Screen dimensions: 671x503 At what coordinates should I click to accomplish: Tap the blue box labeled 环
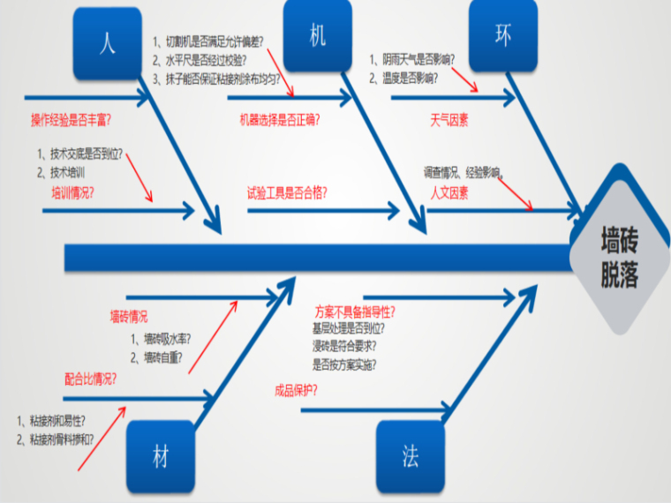502,35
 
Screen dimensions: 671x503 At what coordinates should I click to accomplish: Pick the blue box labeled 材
160,456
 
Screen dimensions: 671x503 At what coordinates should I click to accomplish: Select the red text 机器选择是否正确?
280,119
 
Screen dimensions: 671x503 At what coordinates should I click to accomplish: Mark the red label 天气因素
449,119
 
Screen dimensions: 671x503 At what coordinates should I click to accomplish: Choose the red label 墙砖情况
129,316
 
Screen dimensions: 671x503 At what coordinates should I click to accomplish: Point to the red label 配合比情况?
90,379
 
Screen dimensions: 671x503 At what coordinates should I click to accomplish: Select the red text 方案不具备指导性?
355,312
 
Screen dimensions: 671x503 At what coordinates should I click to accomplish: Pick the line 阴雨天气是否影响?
413,60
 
